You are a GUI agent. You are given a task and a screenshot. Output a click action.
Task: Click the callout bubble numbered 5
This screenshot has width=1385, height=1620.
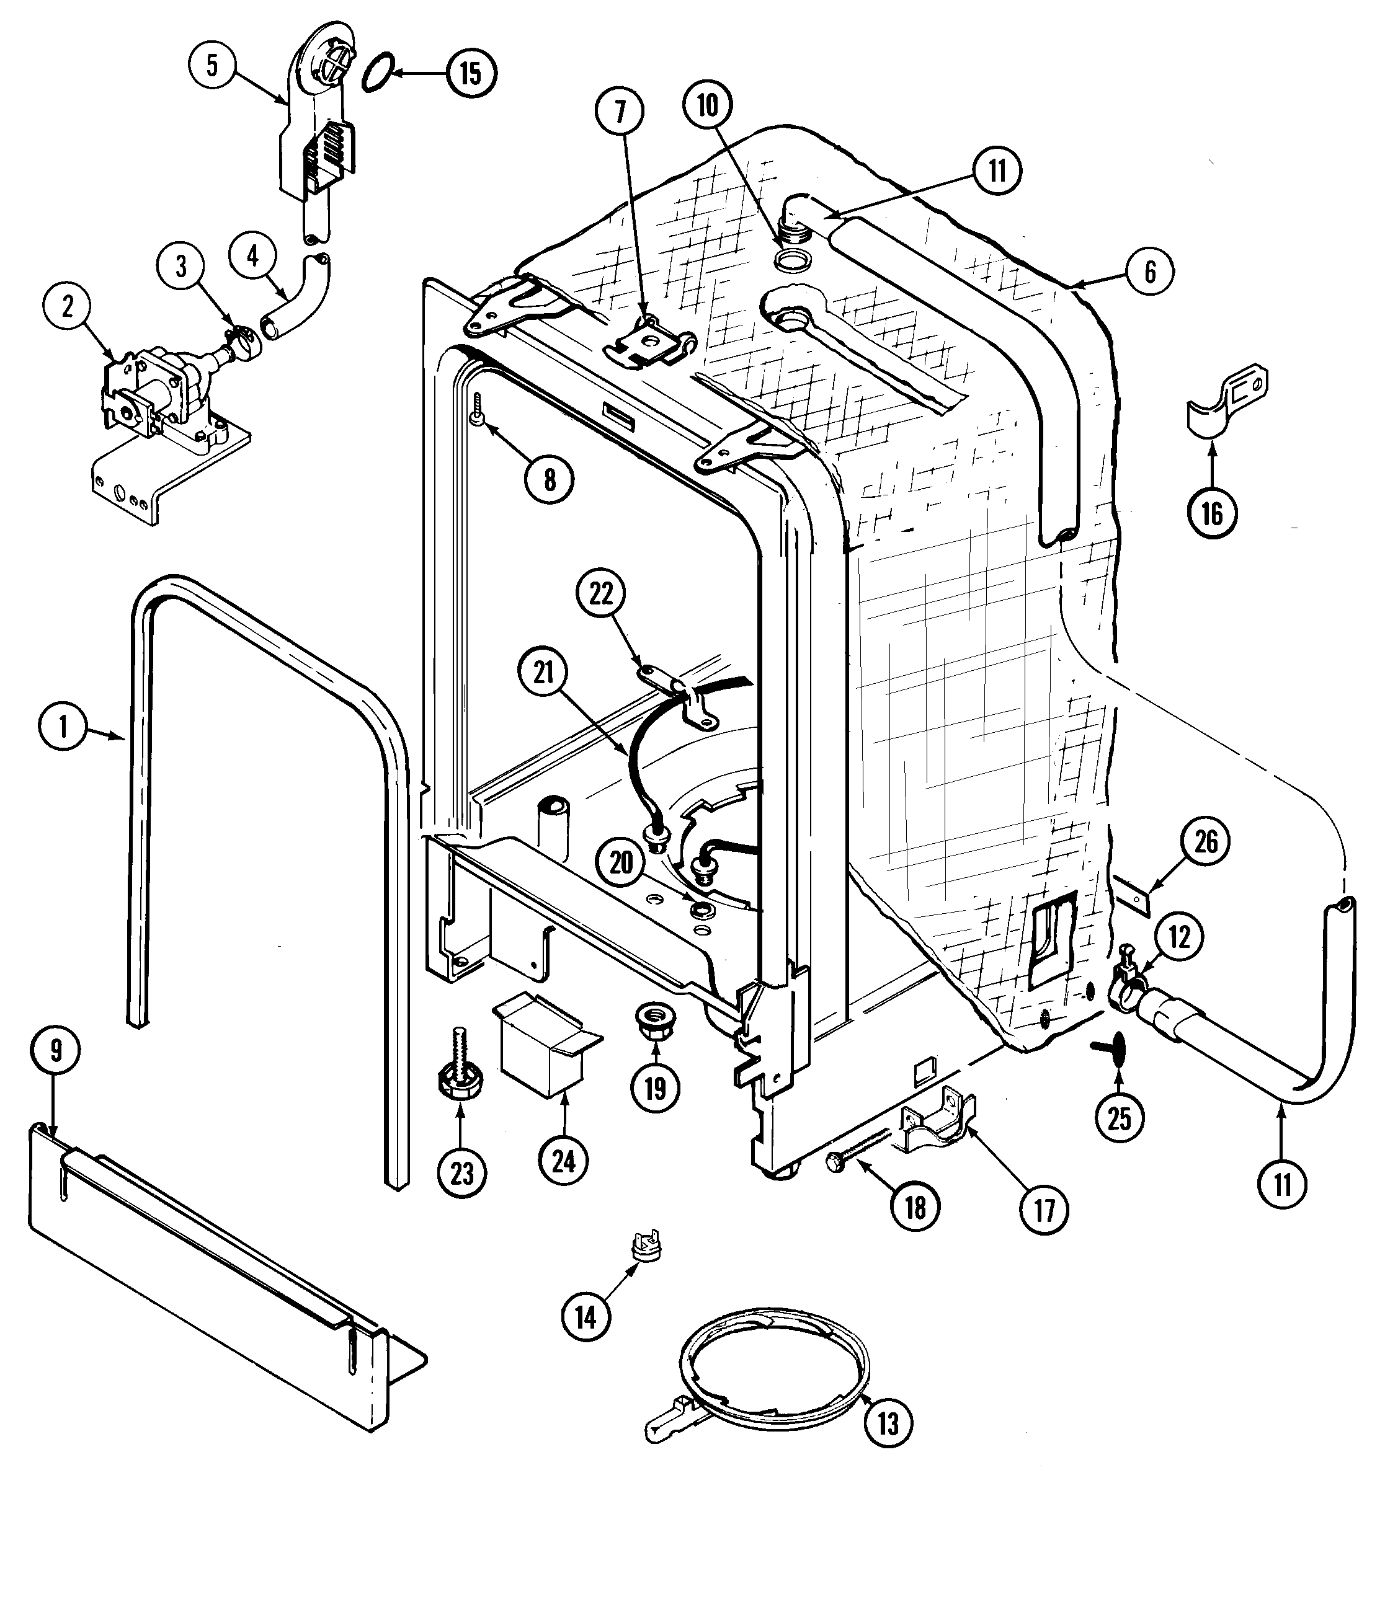click(212, 65)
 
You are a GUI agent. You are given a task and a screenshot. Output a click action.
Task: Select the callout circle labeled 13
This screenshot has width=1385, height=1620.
click(888, 1423)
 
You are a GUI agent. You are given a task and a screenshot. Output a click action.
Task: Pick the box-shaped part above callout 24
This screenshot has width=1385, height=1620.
click(545, 1042)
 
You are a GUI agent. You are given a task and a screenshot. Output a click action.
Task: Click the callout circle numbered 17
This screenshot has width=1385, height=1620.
click(1045, 1210)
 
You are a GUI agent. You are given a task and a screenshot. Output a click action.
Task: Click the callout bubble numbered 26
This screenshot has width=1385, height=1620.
click(1206, 842)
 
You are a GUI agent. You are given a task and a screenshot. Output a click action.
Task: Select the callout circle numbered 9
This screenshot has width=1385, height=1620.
click(56, 1051)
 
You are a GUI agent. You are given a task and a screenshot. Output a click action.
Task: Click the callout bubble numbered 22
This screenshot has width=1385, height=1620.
click(600, 594)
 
